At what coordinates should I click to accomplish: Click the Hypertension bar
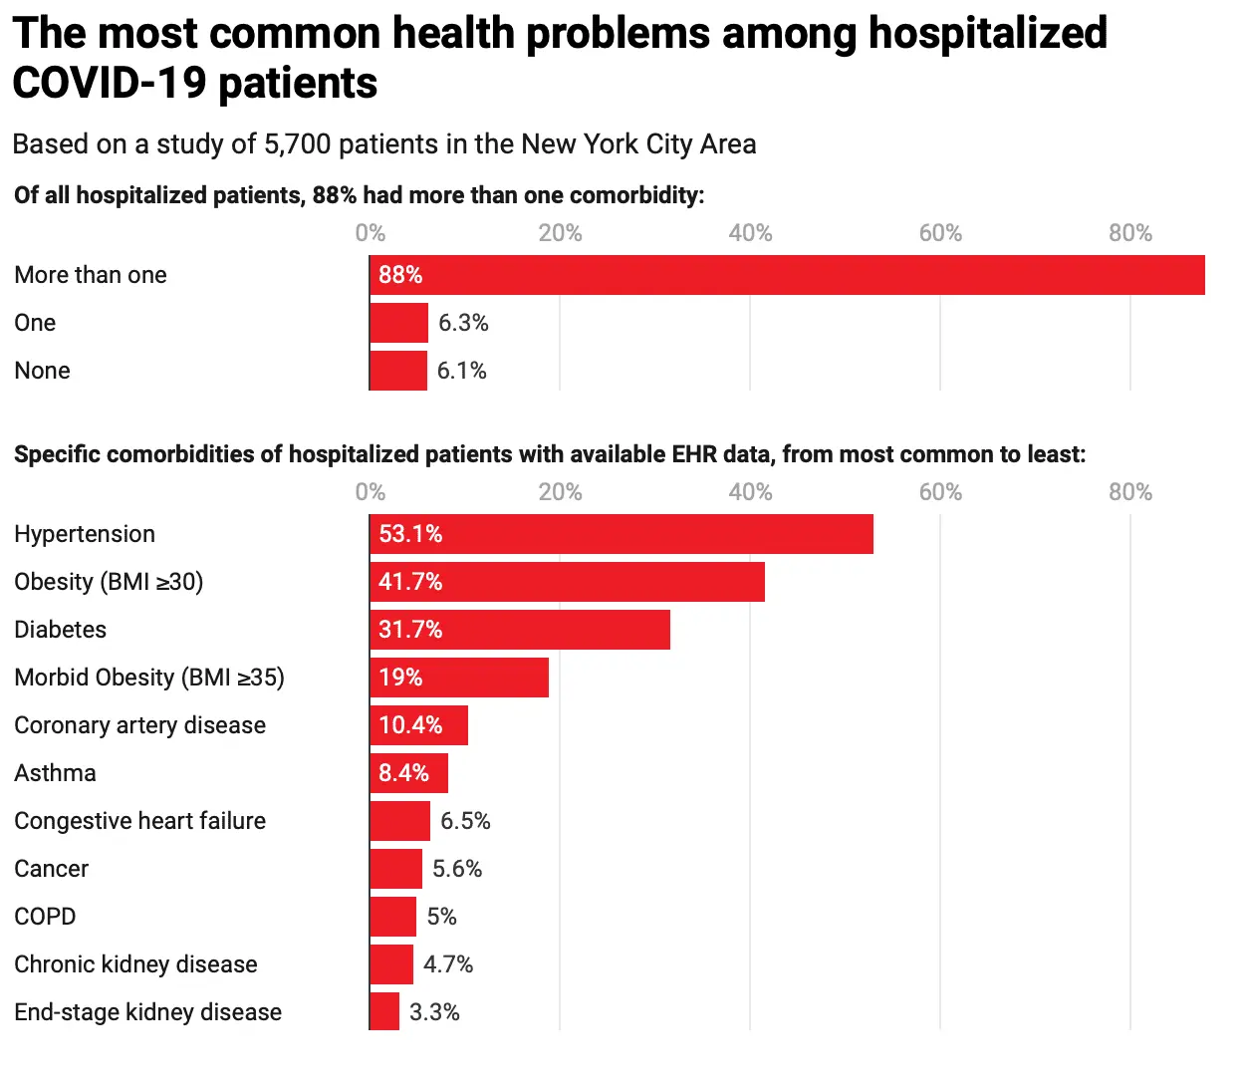click(x=621, y=534)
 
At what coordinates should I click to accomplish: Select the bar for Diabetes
click(x=519, y=630)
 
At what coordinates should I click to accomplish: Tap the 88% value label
click(x=400, y=275)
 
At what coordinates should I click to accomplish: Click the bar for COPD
click(x=392, y=917)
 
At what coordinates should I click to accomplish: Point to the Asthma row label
click(x=56, y=773)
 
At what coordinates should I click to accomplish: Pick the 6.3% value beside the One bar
click(x=463, y=323)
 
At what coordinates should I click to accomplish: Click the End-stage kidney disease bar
click(x=384, y=1012)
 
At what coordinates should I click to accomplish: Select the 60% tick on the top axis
click(x=940, y=233)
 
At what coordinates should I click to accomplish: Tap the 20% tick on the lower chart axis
click(x=560, y=492)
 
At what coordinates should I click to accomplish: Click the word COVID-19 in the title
click(x=111, y=84)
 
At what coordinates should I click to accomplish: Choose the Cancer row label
click(x=52, y=869)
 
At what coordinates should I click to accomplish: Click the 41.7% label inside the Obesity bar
click(x=410, y=582)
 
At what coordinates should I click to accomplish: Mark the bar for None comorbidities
click(x=398, y=371)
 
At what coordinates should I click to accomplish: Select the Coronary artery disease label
click(x=140, y=725)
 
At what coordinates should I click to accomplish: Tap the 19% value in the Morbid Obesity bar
click(x=400, y=678)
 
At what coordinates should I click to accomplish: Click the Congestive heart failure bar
click(x=399, y=821)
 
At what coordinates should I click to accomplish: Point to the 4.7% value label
click(x=448, y=964)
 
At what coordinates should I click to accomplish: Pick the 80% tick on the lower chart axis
click(x=1130, y=492)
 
